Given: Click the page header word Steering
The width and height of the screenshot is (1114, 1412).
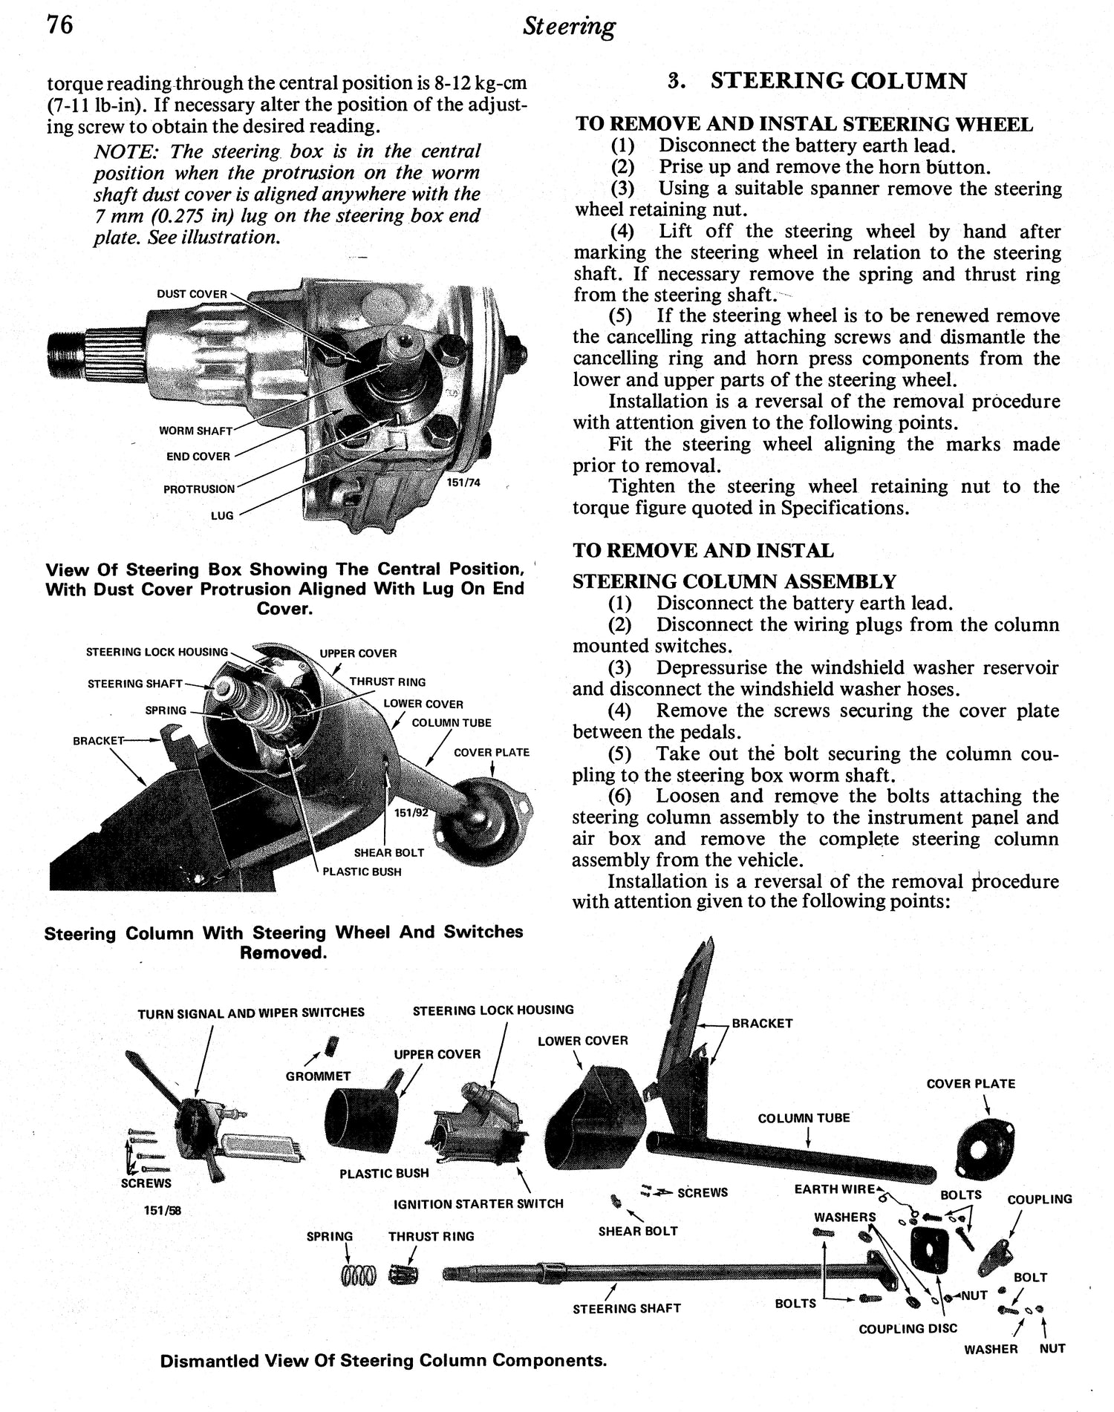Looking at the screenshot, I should pos(568,27).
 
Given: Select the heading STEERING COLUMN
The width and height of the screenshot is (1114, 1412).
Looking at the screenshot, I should pos(838,81).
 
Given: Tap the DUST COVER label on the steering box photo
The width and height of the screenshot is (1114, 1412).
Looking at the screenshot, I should pos(192,294).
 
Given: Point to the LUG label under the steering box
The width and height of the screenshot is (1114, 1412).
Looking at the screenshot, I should pos(221,515).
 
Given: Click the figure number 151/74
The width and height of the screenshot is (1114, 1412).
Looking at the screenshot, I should pos(463,483).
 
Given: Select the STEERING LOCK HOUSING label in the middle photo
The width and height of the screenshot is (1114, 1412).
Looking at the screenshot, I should pos(157,652).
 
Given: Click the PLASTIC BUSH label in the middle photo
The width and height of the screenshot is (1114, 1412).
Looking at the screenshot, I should pos(362,872).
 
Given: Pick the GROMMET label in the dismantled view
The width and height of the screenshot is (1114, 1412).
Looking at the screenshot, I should pos(318,1076).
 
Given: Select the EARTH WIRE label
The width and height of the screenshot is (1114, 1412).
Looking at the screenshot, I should pos(834,1189).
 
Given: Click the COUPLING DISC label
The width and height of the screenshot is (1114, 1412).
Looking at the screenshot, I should pos(908,1328).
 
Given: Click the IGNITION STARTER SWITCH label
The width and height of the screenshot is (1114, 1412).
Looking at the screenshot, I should pos(478,1203).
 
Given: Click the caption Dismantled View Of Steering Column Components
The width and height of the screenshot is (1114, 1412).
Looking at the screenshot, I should pos(383,1361).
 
